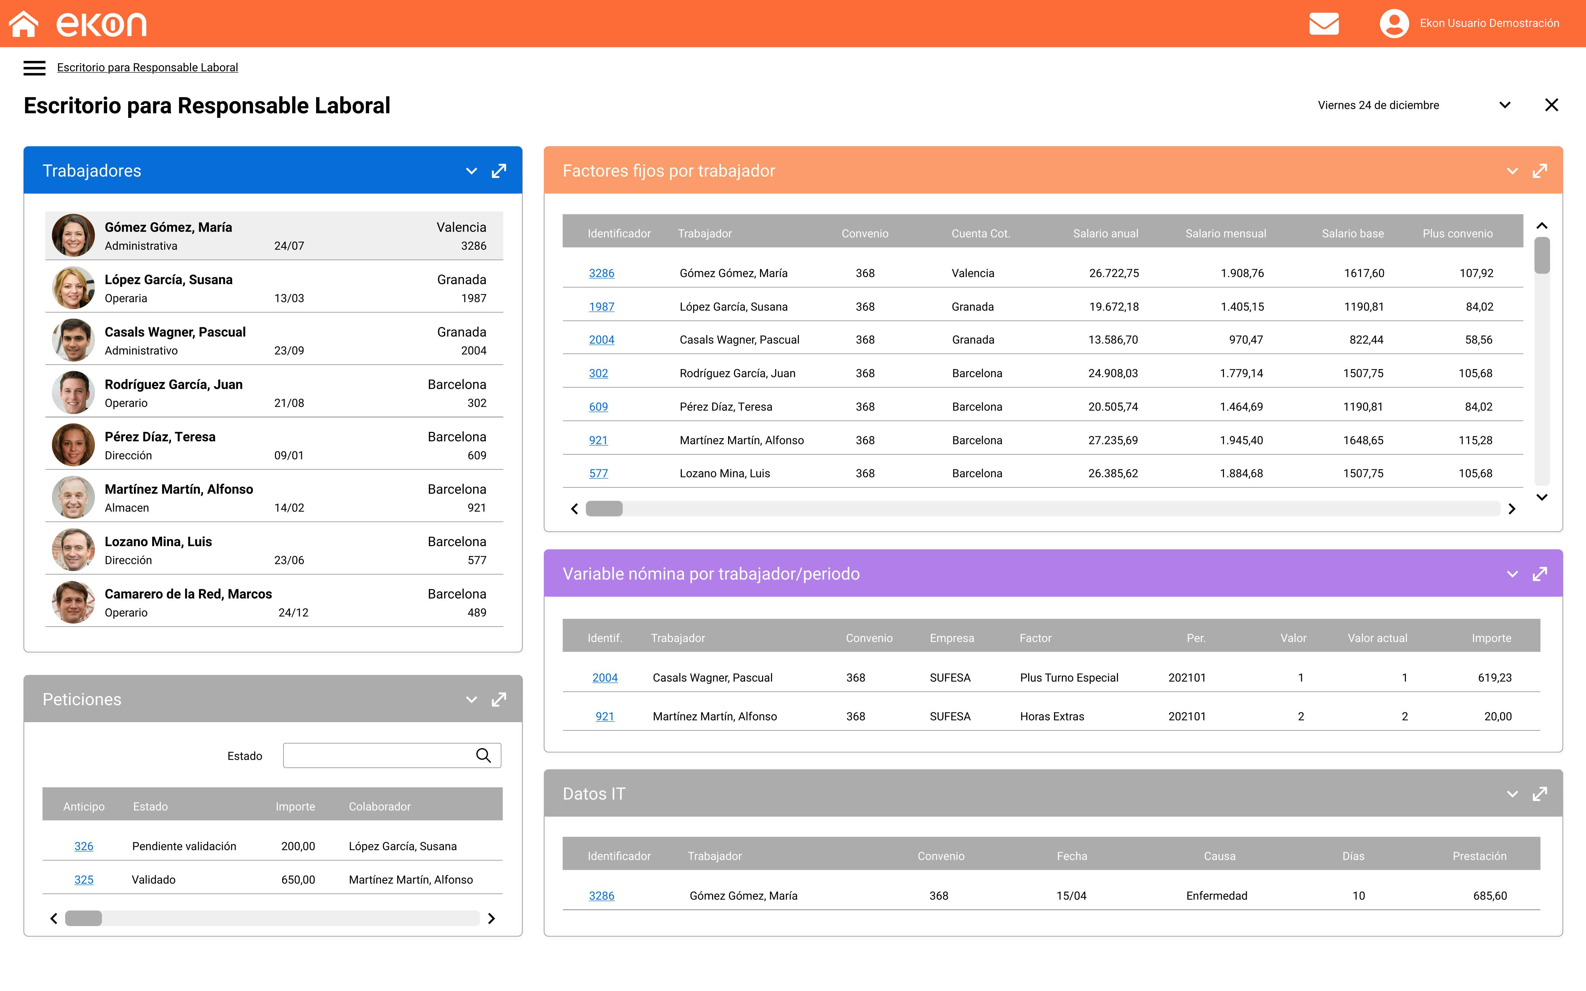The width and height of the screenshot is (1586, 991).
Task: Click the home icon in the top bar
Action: [x=23, y=23]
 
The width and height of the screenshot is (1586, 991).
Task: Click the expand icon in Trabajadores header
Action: [x=499, y=171]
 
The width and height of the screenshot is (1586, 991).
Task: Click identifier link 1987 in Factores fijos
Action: [x=601, y=307]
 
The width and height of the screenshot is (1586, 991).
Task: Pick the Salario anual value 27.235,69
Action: [x=1113, y=440]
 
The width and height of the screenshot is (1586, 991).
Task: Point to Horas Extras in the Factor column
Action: [x=1051, y=716]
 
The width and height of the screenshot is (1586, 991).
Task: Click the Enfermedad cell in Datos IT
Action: [x=1217, y=896]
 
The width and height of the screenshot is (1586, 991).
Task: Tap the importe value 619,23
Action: [x=1494, y=678]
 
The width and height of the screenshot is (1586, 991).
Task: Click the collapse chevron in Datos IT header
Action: [x=1512, y=794]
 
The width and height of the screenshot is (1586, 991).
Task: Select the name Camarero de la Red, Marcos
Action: [x=188, y=594]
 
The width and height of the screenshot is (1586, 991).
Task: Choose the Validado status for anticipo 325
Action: [x=153, y=880]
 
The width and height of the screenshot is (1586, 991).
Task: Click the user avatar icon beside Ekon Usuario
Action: [x=1394, y=23]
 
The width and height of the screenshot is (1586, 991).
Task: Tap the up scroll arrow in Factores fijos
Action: [x=1541, y=225]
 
